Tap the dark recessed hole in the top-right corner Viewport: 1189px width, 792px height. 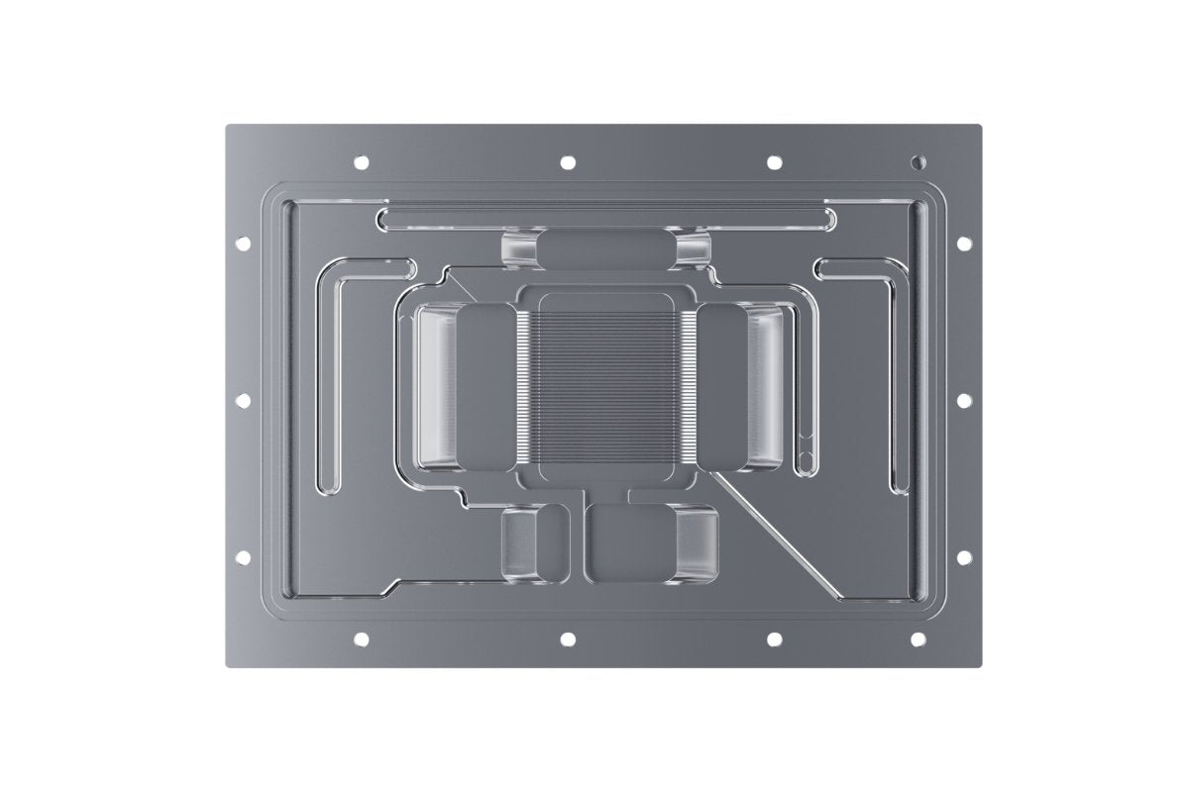[x=919, y=160]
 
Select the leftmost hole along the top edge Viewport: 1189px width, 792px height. [x=361, y=161]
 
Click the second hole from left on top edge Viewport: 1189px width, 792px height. [x=568, y=161]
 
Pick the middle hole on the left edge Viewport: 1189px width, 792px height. [x=243, y=400]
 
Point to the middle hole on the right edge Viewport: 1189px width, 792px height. [x=963, y=400]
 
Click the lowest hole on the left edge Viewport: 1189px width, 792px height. [x=243, y=557]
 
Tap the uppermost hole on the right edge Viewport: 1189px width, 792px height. [x=963, y=243]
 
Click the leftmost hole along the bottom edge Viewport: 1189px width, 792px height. [x=361, y=639]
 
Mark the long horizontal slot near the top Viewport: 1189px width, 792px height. [x=604, y=217]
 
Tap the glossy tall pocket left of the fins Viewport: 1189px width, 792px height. [x=436, y=386]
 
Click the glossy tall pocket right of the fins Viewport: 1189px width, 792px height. [x=768, y=386]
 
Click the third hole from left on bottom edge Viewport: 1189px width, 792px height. [x=774, y=639]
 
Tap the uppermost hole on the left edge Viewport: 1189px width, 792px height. [x=243, y=243]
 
